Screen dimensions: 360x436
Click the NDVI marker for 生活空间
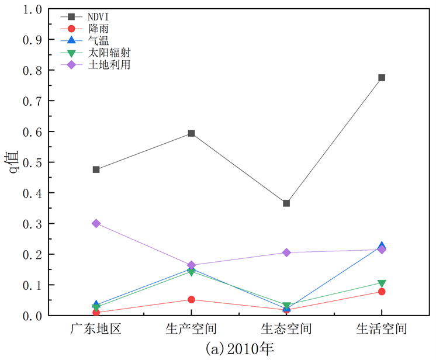382,78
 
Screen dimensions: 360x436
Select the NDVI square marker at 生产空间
191,133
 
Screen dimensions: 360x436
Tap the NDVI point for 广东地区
96,169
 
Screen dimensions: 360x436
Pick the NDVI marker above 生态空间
286,203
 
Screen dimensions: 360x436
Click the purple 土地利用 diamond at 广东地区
96,223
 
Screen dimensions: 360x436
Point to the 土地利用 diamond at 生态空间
286,252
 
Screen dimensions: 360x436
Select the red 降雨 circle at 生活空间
382,292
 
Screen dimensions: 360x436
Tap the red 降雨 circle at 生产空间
191,299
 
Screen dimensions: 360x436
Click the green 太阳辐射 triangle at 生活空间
382,284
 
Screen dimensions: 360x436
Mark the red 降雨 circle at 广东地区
96,312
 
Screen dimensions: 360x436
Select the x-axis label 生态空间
286,329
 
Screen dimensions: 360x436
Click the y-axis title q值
13,162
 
